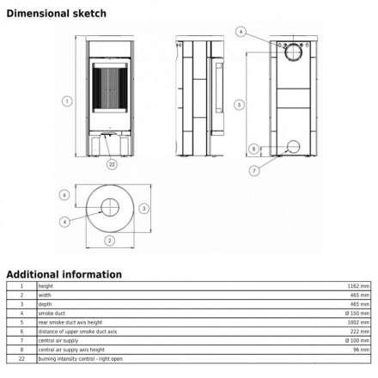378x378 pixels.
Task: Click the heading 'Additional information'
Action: coord(64,274)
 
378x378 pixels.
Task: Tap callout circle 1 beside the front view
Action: coord(66,101)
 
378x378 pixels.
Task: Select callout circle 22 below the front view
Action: coord(112,162)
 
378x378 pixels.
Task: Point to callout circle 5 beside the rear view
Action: coord(240,104)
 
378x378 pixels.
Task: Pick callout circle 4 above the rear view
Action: coord(241,33)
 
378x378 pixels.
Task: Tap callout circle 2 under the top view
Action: coord(110,241)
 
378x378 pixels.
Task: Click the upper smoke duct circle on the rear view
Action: coord(293,51)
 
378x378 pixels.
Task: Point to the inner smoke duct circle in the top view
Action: coord(110,206)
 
